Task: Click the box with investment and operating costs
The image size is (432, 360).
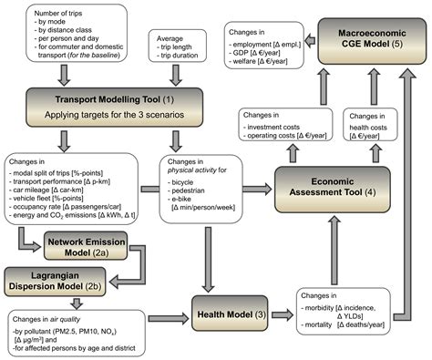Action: click(x=290, y=125)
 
